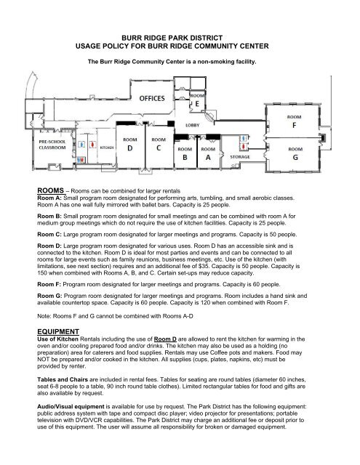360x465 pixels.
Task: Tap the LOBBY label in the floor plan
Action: pyautogui.click(x=193, y=126)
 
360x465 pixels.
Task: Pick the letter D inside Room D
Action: pyautogui.click(x=132, y=147)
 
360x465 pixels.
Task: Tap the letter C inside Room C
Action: pyautogui.click(x=159, y=147)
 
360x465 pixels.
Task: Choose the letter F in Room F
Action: pyautogui.click(x=295, y=123)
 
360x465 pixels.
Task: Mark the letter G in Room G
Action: pyautogui.click(x=295, y=156)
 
